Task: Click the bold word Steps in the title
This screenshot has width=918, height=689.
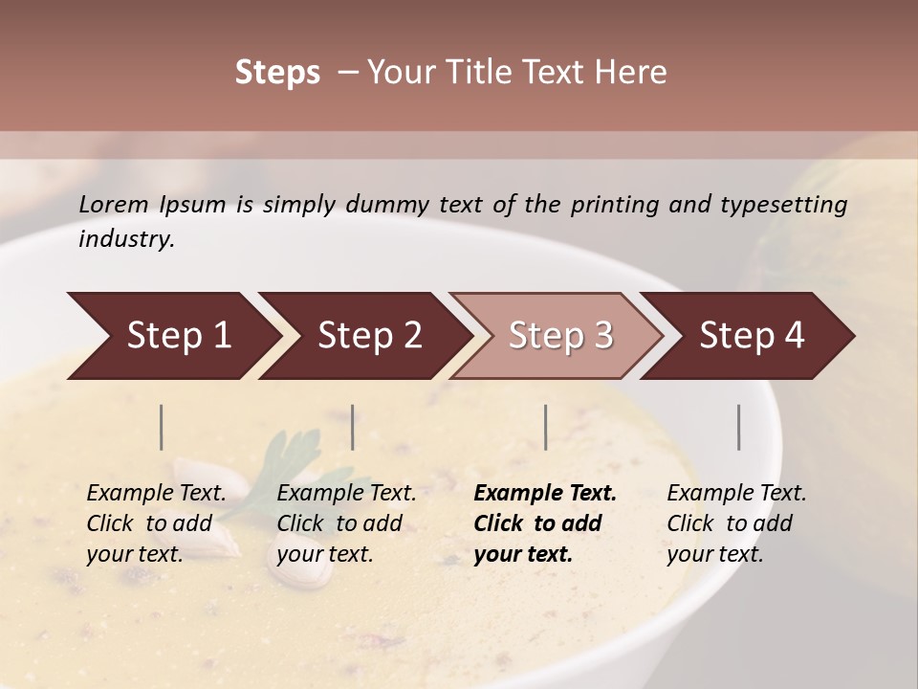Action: [277, 73]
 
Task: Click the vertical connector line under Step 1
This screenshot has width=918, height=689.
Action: [162, 427]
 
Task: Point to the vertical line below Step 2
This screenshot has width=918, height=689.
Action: [353, 427]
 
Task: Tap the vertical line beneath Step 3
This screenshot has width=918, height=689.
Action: [546, 427]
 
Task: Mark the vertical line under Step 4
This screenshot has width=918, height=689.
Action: [739, 427]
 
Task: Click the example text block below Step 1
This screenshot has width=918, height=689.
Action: [156, 523]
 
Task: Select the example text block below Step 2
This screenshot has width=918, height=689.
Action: [346, 523]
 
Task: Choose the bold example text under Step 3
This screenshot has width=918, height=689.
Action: [545, 523]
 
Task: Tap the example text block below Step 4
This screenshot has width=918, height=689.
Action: [736, 523]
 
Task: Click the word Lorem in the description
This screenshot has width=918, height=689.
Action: [114, 204]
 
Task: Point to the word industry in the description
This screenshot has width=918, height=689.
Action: [126, 238]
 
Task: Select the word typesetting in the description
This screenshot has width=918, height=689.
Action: [783, 204]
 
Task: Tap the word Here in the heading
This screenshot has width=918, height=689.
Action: [630, 73]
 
